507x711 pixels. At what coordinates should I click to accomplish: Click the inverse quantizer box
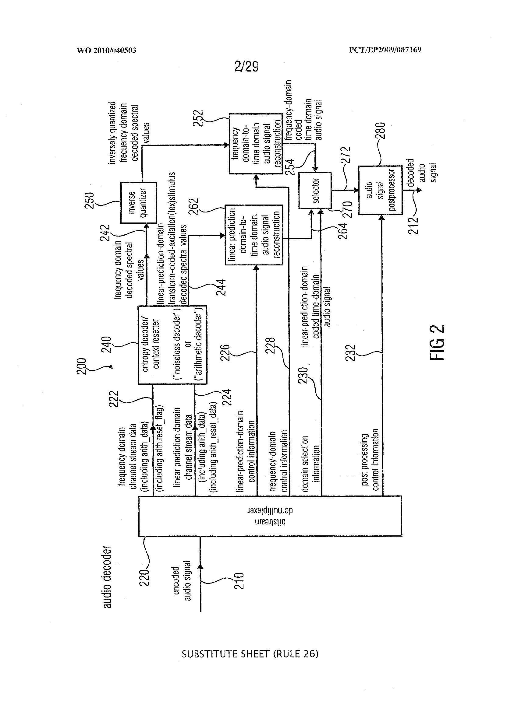pyautogui.click(x=138, y=203)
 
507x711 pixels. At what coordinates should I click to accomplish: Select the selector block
pyautogui.click(x=315, y=190)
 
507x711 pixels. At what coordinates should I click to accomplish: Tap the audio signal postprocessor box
pyautogui.click(x=380, y=190)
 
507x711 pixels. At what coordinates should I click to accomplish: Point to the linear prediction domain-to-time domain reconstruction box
pyautogui.click(x=254, y=235)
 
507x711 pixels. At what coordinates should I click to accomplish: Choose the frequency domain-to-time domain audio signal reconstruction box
pyautogui.click(x=255, y=143)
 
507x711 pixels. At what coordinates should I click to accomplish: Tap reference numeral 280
pyautogui.click(x=382, y=130)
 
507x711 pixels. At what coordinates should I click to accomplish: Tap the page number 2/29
pyautogui.click(x=246, y=66)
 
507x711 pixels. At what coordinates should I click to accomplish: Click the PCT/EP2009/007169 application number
pyautogui.click(x=385, y=50)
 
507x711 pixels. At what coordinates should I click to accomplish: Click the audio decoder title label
pyautogui.click(x=107, y=576)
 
